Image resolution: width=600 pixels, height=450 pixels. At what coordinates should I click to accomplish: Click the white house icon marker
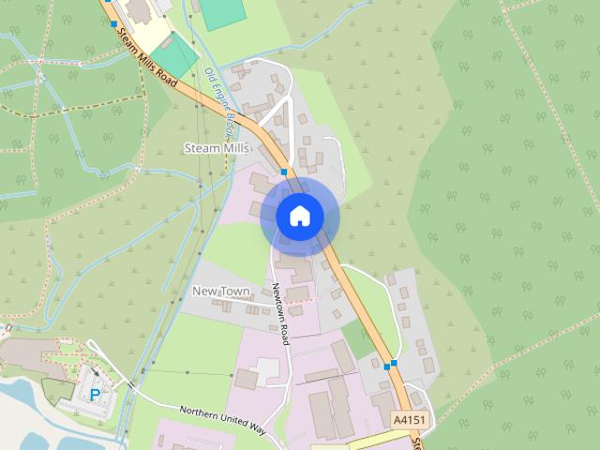pos(299,217)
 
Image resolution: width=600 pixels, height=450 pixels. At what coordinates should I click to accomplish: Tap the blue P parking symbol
pos(95,396)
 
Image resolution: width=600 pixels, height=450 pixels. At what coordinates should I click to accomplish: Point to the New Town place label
pos(220,292)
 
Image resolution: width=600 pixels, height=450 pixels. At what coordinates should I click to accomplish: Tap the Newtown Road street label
pos(280,313)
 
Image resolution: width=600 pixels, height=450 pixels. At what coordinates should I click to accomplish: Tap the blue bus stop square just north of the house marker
pos(284,172)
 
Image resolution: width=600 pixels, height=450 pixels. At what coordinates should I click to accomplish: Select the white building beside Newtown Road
pos(266,368)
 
